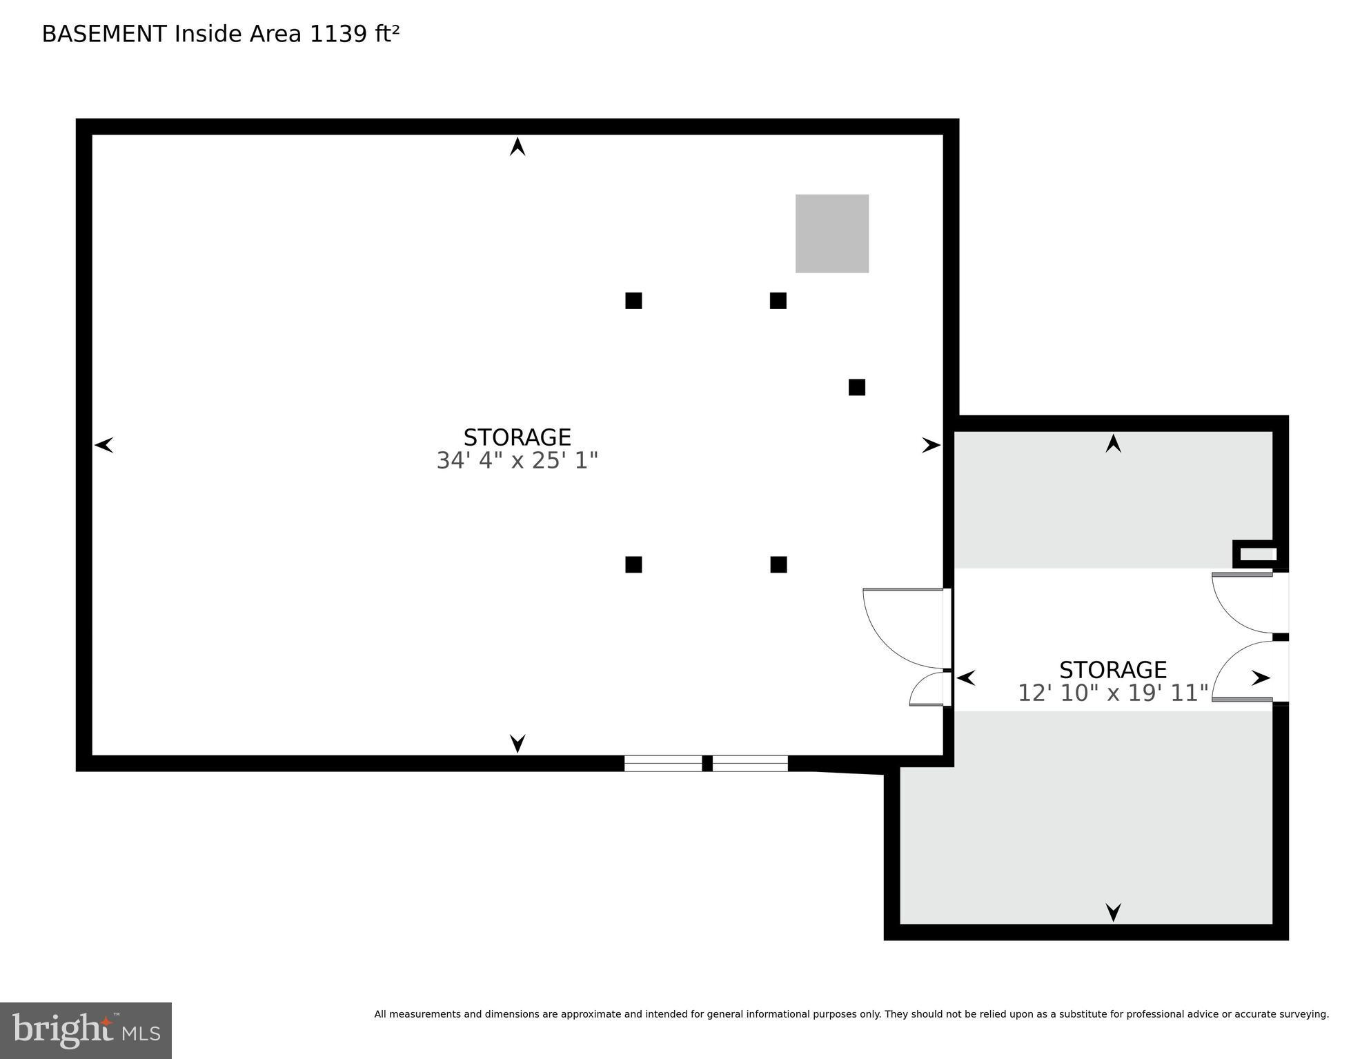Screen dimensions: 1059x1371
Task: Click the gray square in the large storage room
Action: [831, 233]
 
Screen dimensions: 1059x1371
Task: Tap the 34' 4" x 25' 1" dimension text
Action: [517, 460]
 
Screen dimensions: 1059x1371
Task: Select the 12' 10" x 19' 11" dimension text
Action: [1112, 693]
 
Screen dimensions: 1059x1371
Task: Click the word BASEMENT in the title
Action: [104, 34]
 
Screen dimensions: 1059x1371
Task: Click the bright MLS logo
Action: [86, 1030]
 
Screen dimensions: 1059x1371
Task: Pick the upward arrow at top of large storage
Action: [517, 146]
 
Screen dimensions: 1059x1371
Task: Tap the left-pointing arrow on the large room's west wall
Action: [104, 445]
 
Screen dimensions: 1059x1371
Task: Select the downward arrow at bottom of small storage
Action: [1113, 912]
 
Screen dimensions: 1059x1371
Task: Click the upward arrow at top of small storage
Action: [1113, 443]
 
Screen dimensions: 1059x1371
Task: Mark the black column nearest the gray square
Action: [778, 301]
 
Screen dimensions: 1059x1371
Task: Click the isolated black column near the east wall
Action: [856, 387]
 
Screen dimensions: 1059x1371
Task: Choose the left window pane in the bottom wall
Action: [663, 763]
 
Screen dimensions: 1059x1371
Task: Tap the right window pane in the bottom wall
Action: [750, 763]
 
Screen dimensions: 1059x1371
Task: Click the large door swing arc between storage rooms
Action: [897, 631]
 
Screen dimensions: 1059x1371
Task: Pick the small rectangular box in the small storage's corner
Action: [1259, 554]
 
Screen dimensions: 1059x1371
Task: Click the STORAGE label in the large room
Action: [517, 437]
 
